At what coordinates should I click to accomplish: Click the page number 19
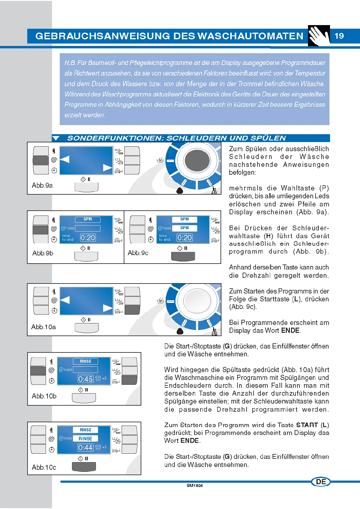[339, 36]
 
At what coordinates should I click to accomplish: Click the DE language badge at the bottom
[321, 482]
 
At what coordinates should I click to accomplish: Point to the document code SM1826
[195, 485]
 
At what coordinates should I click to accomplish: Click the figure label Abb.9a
[42, 185]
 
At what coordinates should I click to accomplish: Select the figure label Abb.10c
[44, 467]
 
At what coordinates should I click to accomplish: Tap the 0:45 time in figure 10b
[85, 379]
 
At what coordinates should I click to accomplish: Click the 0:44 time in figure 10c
[85, 448]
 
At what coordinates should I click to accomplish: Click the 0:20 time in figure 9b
[88, 238]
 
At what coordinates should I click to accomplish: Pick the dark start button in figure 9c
[183, 256]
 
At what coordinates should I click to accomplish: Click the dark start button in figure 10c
[84, 467]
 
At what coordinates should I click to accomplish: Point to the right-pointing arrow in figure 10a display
[108, 308]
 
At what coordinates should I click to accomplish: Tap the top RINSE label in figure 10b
[85, 361]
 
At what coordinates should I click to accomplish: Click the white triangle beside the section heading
[56, 138]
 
